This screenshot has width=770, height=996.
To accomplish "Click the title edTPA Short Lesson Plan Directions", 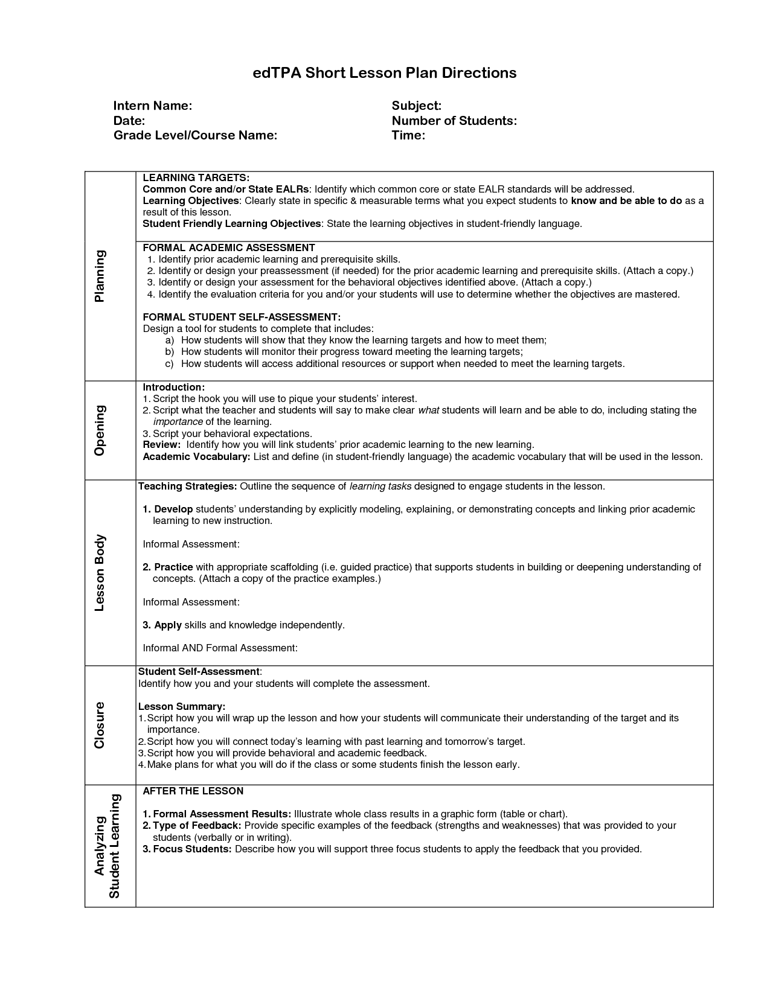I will pyautogui.click(x=384, y=73).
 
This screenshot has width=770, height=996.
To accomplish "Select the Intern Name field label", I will pyautogui.click(x=153, y=106).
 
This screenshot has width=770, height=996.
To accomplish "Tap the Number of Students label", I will pyautogui.click(x=454, y=121).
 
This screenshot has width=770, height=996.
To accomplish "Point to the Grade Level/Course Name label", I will pyautogui.click(x=195, y=135).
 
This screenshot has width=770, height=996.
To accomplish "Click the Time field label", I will pyautogui.click(x=408, y=135).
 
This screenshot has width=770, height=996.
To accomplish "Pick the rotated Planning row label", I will pyautogui.click(x=100, y=276).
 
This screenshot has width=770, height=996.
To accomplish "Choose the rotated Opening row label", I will pyautogui.click(x=100, y=430).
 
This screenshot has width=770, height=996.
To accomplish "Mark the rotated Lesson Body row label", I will pyautogui.click(x=100, y=573).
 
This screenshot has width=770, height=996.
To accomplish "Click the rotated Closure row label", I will pyautogui.click(x=100, y=725).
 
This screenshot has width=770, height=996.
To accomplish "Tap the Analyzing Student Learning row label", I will pyautogui.click(x=107, y=846).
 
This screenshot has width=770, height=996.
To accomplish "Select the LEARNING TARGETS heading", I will pyautogui.click(x=196, y=177).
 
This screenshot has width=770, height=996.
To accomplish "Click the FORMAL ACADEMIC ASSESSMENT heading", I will pyautogui.click(x=229, y=247).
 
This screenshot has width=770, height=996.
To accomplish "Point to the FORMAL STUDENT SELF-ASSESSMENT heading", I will pyautogui.click(x=242, y=317).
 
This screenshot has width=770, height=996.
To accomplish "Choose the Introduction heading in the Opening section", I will pyautogui.click(x=173, y=387).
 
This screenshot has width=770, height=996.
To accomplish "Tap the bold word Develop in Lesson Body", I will pyautogui.click(x=173, y=509).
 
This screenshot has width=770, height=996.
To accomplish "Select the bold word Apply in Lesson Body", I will pyautogui.click(x=167, y=625).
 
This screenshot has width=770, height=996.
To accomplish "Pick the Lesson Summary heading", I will pyautogui.click(x=182, y=706).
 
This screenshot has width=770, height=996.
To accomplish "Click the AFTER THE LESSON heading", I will pyautogui.click(x=193, y=791).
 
